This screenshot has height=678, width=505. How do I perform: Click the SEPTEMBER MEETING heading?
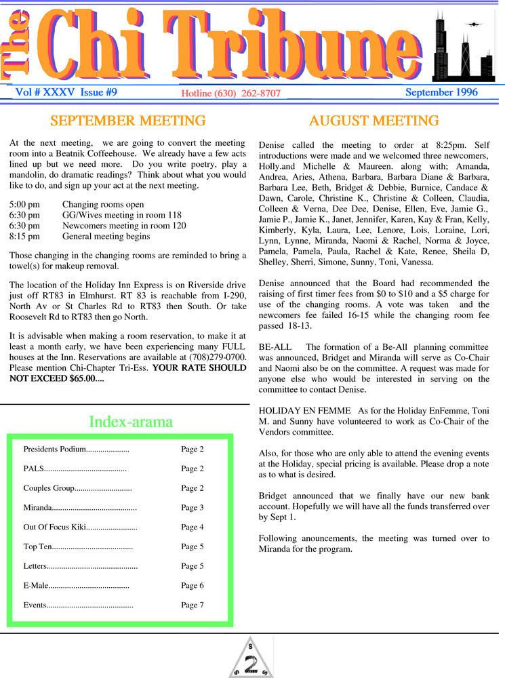point(127,121)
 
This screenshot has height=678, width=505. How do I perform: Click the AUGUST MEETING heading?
point(373,121)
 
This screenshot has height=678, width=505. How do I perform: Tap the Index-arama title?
point(131,422)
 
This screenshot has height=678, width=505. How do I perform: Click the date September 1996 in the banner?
point(441,93)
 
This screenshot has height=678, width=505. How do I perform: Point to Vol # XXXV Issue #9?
point(66,92)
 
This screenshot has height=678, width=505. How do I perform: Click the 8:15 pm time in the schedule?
point(24,237)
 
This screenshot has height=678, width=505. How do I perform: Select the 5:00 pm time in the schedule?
point(24,204)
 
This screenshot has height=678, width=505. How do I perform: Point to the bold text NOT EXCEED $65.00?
point(57,378)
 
